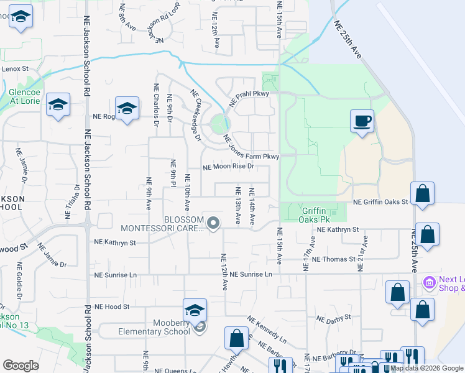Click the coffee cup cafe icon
click(x=361, y=121)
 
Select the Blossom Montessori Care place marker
click(x=213, y=223)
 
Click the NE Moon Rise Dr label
click(x=229, y=167)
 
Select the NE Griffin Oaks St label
click(x=380, y=202)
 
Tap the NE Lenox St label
click(x=15, y=68)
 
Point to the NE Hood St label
click(x=111, y=306)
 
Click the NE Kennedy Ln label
click(x=267, y=330)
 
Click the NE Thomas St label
click(x=334, y=259)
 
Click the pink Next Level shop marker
click(x=429, y=283)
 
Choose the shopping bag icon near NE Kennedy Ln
click(x=236, y=339)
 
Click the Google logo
click(x=21, y=366)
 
